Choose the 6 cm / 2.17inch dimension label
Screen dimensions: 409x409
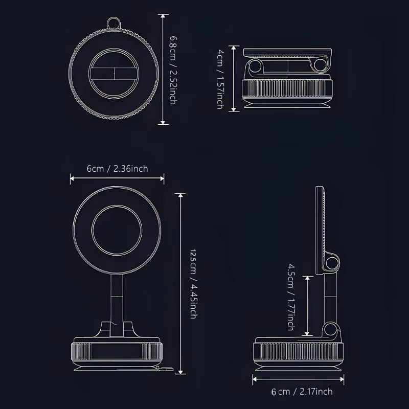[x=302, y=392]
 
